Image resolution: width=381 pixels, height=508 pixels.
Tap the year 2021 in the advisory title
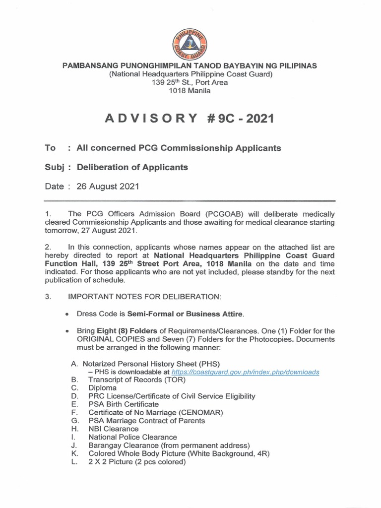[x=255, y=119]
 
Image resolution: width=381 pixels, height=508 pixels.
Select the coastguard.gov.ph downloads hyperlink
[x=245, y=372]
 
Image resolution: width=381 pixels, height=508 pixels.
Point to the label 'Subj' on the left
[x=54, y=167]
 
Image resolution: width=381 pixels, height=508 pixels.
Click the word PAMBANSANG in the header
[x=92, y=65]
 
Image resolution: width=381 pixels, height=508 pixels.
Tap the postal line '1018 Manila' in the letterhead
[x=190, y=91]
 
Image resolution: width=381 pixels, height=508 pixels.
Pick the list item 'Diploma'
[x=103, y=388]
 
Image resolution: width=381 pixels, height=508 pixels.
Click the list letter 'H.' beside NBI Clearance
[x=74, y=429]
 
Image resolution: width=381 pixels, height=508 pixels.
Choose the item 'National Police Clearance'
[x=132, y=437]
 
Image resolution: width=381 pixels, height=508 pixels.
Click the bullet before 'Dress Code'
[x=67, y=315]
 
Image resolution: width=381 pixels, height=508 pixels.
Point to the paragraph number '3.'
[x=48, y=297]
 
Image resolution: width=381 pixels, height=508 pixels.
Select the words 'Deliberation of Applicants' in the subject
[x=132, y=167]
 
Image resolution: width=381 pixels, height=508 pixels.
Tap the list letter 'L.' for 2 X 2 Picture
[x=73, y=461]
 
